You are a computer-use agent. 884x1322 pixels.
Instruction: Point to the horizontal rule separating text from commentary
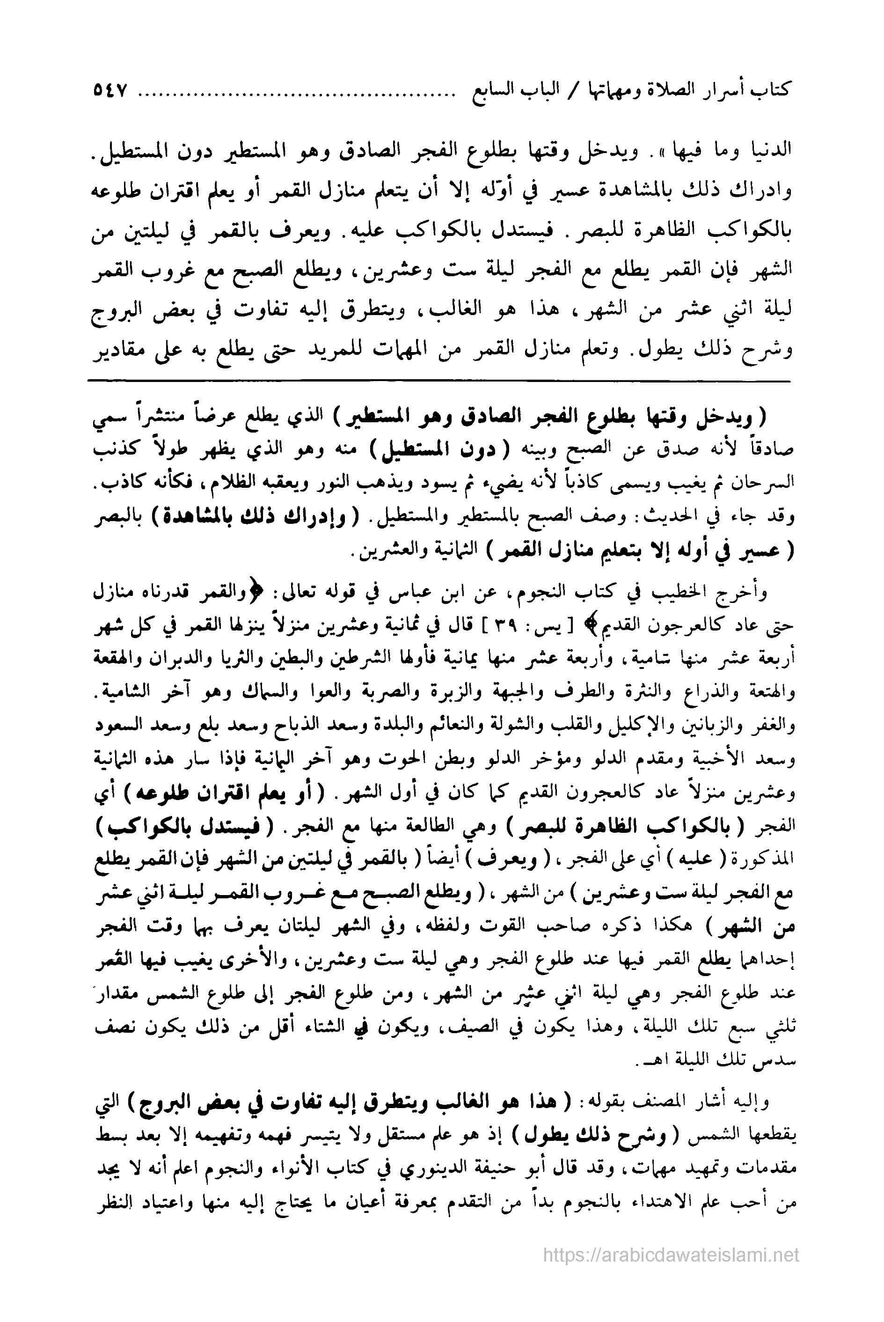[x=440, y=382]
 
